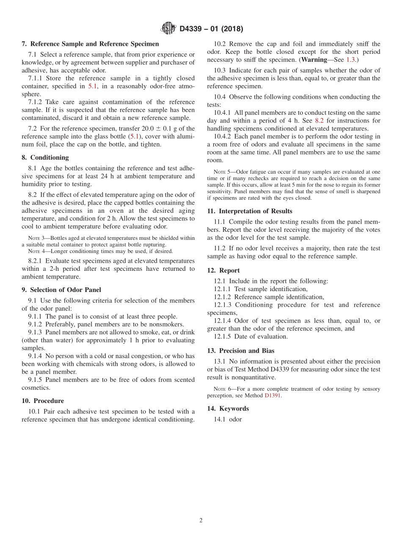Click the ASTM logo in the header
point(168,29)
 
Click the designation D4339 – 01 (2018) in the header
point(211,29)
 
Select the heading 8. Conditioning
point(45,158)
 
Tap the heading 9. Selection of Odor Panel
point(61,290)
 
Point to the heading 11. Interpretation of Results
point(250,211)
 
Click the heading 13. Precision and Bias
point(241,351)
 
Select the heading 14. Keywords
point(228,408)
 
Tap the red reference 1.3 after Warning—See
point(350,60)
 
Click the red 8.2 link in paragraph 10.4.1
point(319,121)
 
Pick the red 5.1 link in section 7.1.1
point(92,86)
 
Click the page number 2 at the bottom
point(201,521)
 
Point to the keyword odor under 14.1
point(235,420)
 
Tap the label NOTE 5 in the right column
point(223,172)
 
